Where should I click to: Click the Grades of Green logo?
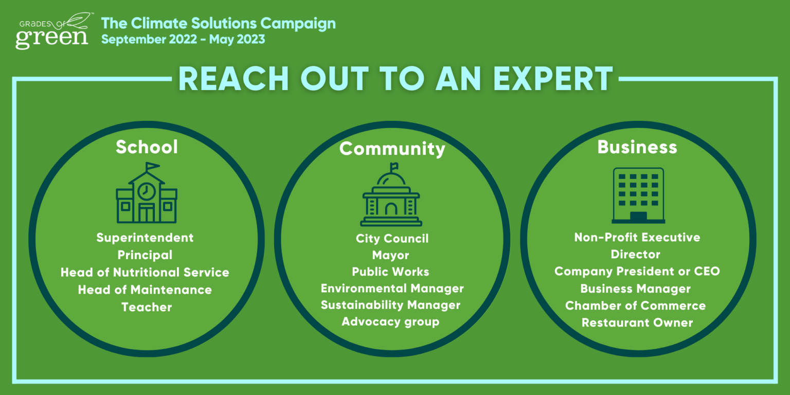pyautogui.click(x=53, y=31)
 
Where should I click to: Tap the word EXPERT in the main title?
pyautogui.click(x=553, y=79)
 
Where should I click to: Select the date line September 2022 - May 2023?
pyautogui.click(x=183, y=39)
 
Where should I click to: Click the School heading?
pyautogui.click(x=147, y=147)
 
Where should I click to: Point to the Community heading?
pyautogui.click(x=392, y=149)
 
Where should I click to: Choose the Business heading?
pyautogui.click(x=637, y=147)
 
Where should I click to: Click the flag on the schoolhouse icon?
pyautogui.click(x=152, y=166)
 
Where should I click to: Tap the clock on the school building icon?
pyautogui.click(x=147, y=191)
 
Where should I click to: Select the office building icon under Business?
pyautogui.click(x=638, y=195)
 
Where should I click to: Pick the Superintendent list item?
pyautogui.click(x=145, y=238)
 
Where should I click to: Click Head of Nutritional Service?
pyautogui.click(x=145, y=272)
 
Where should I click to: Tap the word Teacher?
pyautogui.click(x=147, y=307)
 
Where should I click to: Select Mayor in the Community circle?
pyautogui.click(x=391, y=255)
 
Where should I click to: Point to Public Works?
pyautogui.click(x=391, y=272)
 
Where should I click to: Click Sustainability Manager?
pyautogui.click(x=391, y=305)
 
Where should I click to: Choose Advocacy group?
pyautogui.click(x=391, y=321)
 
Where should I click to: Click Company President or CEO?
pyautogui.click(x=637, y=271)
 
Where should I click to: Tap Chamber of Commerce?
pyautogui.click(x=636, y=306)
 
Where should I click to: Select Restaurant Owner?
pyautogui.click(x=637, y=322)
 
